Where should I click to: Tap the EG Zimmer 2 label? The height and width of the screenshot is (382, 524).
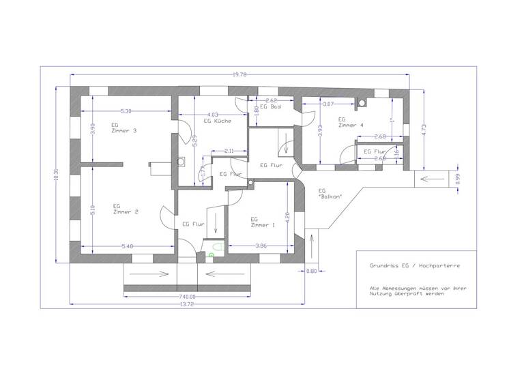click(x=126, y=209)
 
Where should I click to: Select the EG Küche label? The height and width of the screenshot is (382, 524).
click(x=218, y=121)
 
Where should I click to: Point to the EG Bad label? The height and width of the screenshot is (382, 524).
click(x=271, y=108)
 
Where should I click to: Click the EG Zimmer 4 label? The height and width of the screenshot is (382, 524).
click(x=351, y=122)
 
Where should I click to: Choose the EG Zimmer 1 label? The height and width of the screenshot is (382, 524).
click(x=263, y=222)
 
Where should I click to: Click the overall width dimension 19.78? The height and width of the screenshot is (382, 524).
click(x=239, y=75)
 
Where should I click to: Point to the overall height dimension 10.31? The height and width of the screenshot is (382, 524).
click(x=55, y=175)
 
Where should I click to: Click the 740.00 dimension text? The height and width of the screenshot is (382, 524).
click(x=187, y=297)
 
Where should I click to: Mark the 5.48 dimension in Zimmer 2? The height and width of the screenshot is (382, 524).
click(x=127, y=246)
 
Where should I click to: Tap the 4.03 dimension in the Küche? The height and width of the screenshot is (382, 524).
click(x=212, y=115)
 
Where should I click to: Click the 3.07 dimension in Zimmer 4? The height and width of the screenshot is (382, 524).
click(x=327, y=104)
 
